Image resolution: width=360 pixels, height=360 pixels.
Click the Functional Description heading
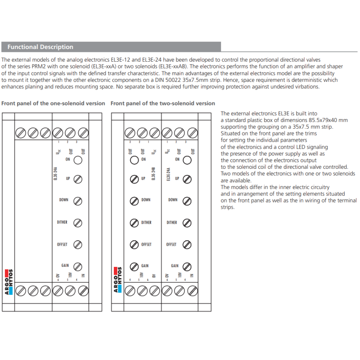pyautogui.click(x=40, y=47)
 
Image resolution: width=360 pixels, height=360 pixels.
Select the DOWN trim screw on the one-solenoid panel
pyautogui.click(x=77, y=200)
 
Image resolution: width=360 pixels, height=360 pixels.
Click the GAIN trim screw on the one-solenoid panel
pyautogui.click(x=77, y=266)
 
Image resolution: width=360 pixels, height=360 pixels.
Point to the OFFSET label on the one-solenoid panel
pyautogui.click(x=62, y=244)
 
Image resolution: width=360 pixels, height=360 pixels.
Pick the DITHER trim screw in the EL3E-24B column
pyautogui.click(x=134, y=222)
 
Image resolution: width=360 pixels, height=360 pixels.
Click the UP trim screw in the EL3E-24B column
pyautogui.click(x=134, y=179)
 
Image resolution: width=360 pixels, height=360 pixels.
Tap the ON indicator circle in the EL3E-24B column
pyautogui.click(x=134, y=159)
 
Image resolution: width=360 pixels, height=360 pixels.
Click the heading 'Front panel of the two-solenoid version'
pyautogui.click(x=163, y=103)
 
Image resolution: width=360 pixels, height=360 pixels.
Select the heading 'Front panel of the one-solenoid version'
pyautogui.click(x=53, y=103)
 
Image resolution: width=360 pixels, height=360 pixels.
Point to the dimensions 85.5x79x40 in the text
pyautogui.click(x=323, y=120)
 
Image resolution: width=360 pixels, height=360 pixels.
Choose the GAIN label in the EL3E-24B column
pyautogui.click(x=145, y=266)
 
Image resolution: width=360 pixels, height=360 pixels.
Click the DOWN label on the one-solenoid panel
pyautogui.click(x=64, y=200)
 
